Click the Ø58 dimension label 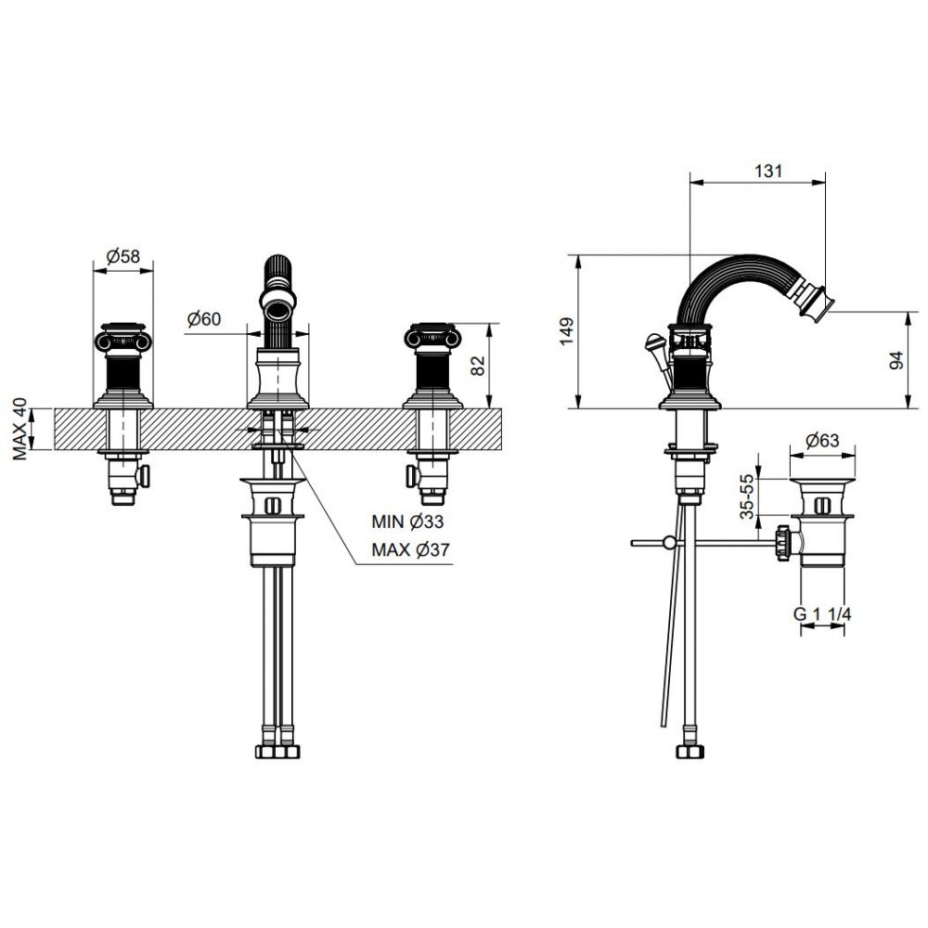pyautogui.click(x=123, y=256)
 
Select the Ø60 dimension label pyautogui.click(x=203, y=319)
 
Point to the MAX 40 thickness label pyautogui.click(x=20, y=429)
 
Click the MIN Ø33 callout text pyautogui.click(x=407, y=522)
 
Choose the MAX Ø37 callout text pyautogui.click(x=410, y=549)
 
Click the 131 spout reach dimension pyautogui.click(x=768, y=171)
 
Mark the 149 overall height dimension pyautogui.click(x=567, y=331)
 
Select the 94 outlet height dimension pyautogui.click(x=897, y=360)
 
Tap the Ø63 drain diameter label pyautogui.click(x=822, y=440)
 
